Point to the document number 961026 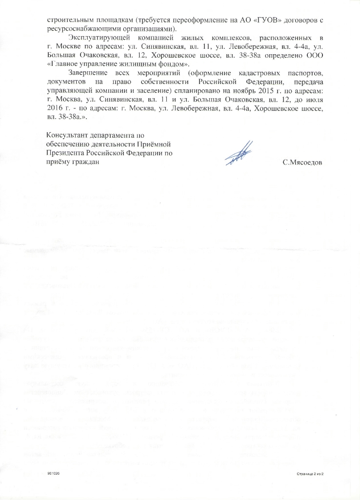tap(53, 474)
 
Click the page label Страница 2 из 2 tap(310, 474)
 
